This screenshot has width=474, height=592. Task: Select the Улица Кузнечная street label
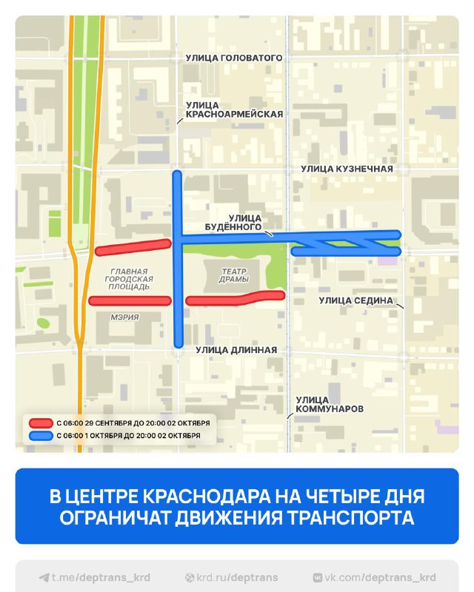point(347,169)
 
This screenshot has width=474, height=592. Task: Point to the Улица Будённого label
point(245,222)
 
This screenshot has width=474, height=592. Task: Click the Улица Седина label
point(355,300)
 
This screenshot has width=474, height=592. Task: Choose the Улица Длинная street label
point(236,350)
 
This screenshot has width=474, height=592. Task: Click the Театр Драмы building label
point(234,275)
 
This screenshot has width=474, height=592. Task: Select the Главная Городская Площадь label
point(129,278)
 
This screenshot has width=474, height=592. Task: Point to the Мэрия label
point(126,317)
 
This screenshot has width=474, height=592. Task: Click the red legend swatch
point(39,423)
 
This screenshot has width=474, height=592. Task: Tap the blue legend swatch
point(39,436)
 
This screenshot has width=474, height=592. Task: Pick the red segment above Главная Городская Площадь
point(132,246)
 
